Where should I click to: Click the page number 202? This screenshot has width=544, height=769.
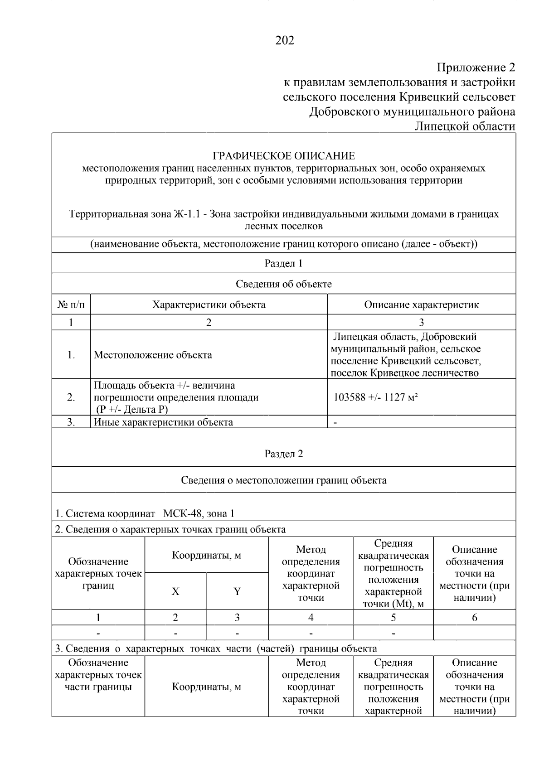[285, 41]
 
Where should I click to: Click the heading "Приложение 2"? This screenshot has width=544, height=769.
[476, 68]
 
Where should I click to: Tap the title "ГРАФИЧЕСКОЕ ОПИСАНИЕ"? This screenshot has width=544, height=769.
[284, 156]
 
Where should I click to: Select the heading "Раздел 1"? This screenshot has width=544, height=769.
[283, 264]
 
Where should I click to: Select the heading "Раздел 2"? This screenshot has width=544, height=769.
[283, 455]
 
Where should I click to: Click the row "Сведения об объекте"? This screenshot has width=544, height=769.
[283, 285]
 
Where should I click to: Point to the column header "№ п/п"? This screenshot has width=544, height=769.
[71, 305]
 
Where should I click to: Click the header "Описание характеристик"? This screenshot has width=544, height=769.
[421, 305]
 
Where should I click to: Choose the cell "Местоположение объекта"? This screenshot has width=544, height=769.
[153, 355]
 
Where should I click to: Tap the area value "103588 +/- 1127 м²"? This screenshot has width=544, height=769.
[375, 398]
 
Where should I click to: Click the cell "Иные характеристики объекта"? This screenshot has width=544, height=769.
[163, 423]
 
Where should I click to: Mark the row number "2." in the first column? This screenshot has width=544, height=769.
[71, 398]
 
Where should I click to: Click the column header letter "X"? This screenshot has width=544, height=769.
[175, 592]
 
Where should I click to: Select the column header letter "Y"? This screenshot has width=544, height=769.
[237, 592]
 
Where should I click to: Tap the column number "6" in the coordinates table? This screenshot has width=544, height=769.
[474, 618]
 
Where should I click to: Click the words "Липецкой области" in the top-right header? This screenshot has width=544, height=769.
[465, 126]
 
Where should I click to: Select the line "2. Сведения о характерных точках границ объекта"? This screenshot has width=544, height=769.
[170, 530]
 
